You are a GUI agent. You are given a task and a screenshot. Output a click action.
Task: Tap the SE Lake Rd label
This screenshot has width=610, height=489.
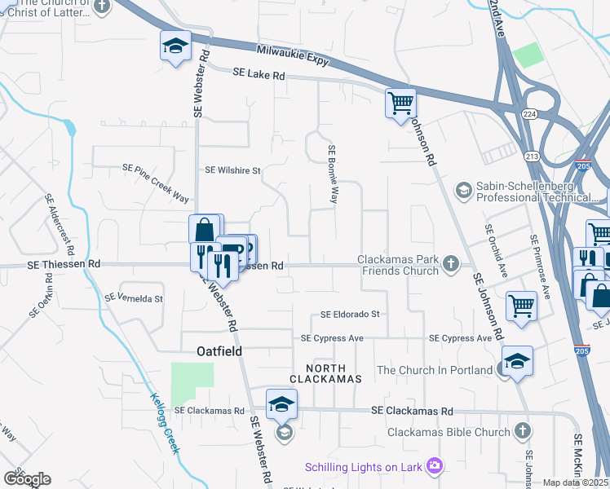coord(259,74)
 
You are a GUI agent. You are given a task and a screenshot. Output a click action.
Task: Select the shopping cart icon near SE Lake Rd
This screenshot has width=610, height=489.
coord(400,104)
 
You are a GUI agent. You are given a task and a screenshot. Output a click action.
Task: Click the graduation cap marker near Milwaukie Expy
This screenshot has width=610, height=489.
coord(175,46)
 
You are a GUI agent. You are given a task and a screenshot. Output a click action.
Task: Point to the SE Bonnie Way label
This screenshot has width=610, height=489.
coord(333,174)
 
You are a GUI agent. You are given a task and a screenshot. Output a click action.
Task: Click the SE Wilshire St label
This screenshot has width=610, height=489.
coord(232,171)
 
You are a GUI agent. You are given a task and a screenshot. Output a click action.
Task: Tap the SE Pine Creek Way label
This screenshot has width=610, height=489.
coord(156,183)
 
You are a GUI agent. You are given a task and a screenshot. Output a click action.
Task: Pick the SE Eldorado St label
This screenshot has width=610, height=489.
coord(351,314)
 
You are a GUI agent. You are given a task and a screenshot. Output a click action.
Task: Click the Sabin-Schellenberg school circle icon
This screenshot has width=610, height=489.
coord(463,190)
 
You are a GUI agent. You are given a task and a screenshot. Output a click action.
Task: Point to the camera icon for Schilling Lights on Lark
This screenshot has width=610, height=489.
coord(435,465)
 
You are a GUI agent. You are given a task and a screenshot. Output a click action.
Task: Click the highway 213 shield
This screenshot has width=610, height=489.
coord(532,156)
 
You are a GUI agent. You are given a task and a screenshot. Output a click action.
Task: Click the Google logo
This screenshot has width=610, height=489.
coord(27,478)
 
